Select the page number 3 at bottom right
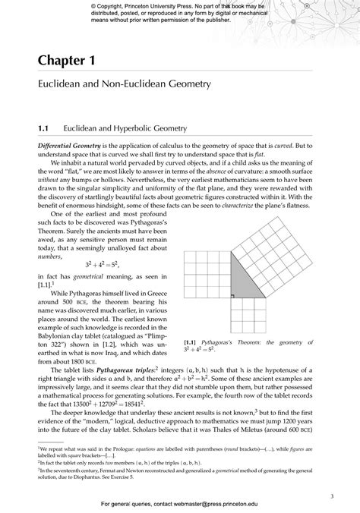tap(332, 475)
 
